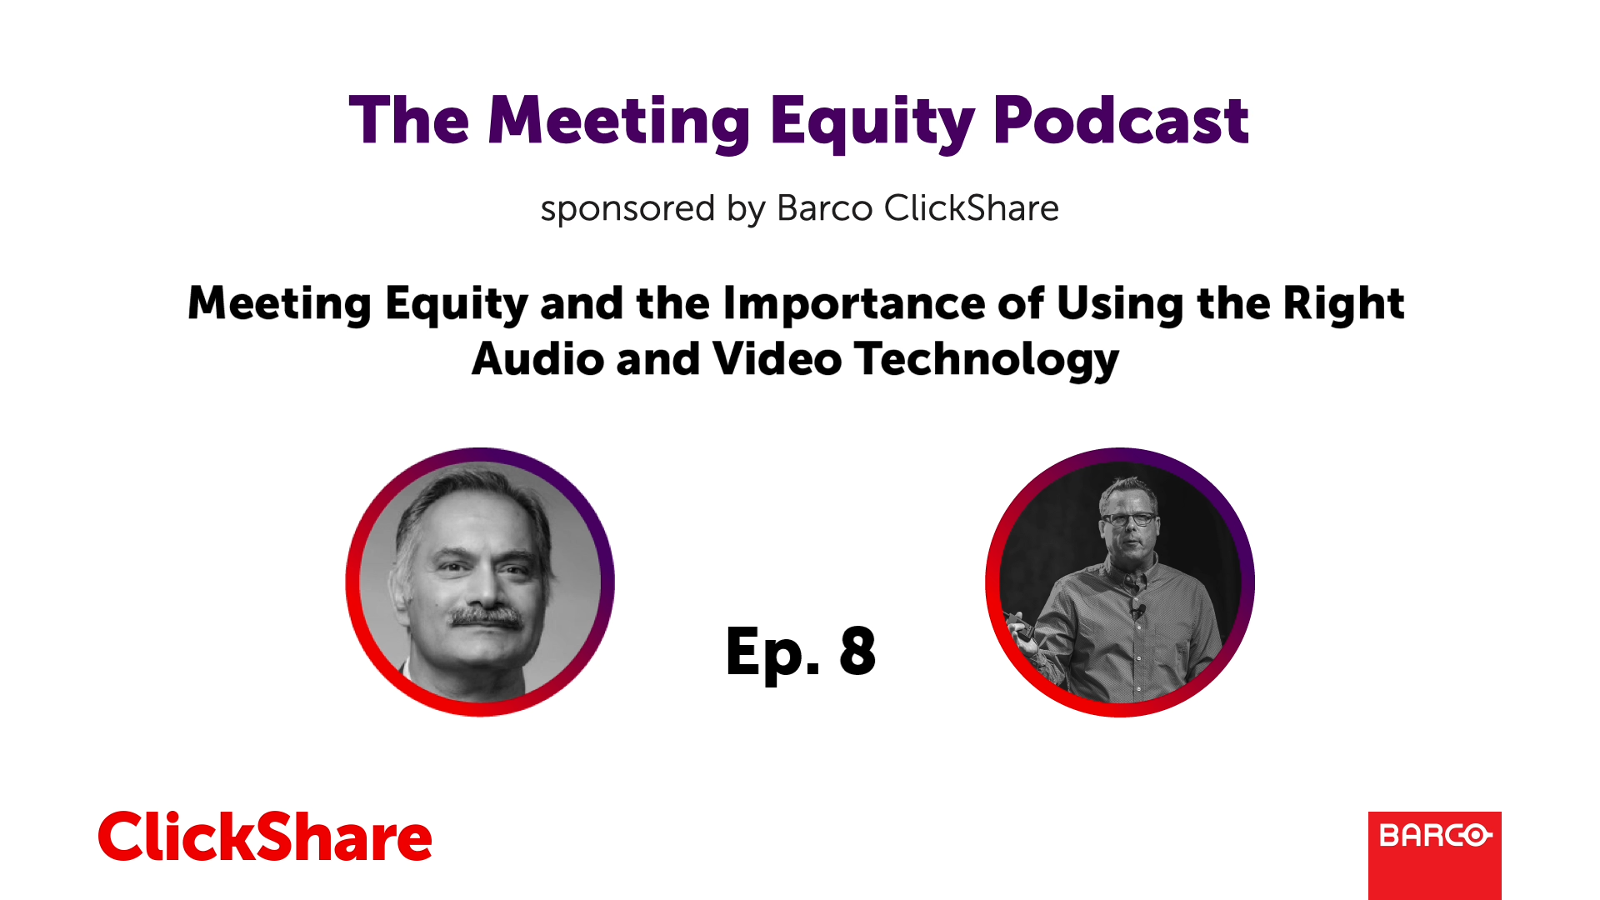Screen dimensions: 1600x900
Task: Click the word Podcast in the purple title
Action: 1121,121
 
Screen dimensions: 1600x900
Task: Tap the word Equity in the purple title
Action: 872,123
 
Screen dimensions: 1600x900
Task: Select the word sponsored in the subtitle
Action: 627,209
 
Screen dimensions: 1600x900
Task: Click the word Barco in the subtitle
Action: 824,208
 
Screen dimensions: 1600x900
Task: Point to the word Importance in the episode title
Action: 853,303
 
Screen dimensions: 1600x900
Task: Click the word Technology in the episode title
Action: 987,360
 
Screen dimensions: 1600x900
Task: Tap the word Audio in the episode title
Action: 537,359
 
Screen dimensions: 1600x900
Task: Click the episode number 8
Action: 857,651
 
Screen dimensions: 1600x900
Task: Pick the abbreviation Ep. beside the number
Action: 773,654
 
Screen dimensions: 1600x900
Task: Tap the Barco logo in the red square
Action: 1435,835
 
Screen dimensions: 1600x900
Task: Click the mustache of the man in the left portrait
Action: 487,618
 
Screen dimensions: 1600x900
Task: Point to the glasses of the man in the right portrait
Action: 1129,518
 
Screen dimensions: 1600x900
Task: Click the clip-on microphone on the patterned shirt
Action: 1137,612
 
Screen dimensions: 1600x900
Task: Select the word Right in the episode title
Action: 1343,304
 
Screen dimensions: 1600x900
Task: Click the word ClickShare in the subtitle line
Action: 972,208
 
